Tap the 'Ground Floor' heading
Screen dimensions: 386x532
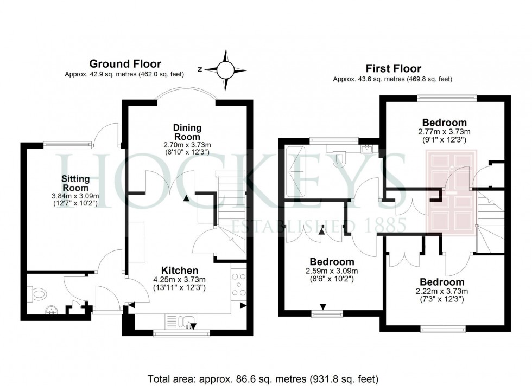pos(125,64)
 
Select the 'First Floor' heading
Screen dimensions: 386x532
pos(392,68)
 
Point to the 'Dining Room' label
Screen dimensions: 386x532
pos(187,132)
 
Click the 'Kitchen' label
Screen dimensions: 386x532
pos(179,270)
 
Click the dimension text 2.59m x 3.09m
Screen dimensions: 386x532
pos(331,271)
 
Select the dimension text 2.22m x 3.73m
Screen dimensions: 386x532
pos(442,291)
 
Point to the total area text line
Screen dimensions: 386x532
pos(263,378)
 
